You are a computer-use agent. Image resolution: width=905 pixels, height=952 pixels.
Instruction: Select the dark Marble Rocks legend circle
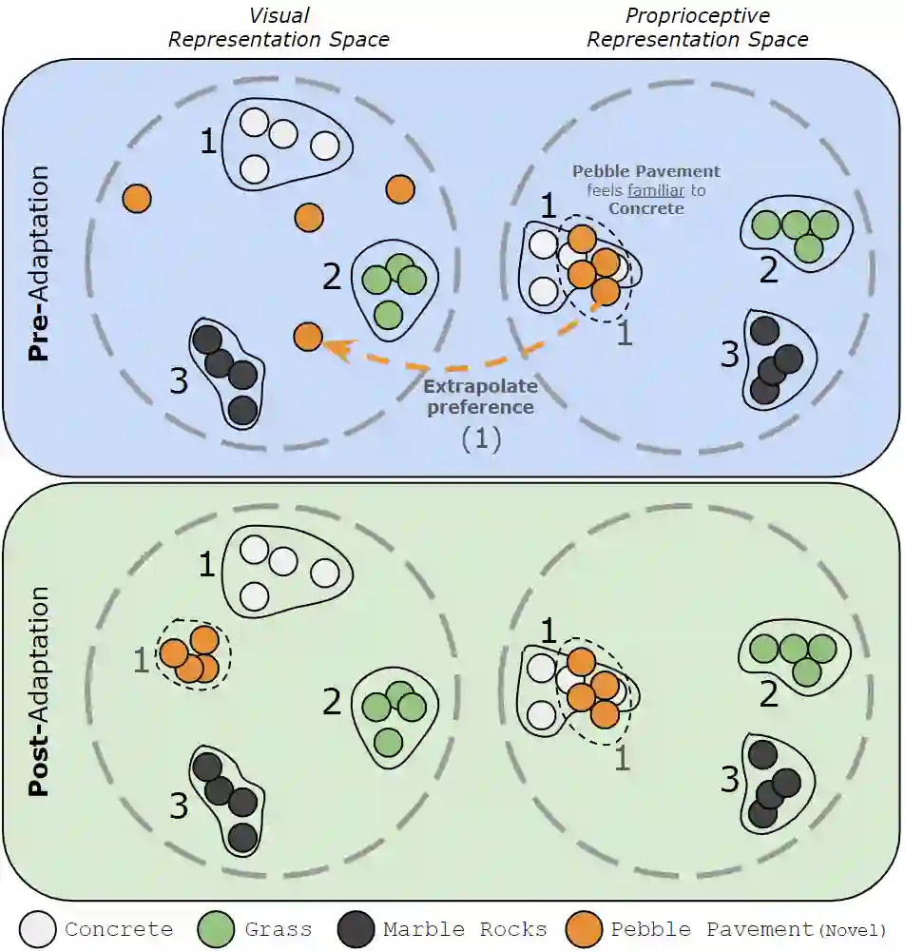357,929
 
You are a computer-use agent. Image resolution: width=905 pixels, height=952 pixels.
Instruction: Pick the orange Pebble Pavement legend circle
583,929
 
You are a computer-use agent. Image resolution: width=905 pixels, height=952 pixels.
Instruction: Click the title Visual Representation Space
279,28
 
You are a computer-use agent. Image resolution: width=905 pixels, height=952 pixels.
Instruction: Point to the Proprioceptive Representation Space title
698,28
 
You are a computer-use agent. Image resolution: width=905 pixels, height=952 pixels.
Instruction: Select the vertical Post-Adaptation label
39,691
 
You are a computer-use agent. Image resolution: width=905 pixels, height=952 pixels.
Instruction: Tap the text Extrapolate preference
480,397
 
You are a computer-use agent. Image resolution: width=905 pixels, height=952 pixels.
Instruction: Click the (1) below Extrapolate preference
480,439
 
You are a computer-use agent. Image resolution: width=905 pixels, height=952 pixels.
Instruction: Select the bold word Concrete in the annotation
645,208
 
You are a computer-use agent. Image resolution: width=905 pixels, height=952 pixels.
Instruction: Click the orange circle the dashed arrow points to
307,336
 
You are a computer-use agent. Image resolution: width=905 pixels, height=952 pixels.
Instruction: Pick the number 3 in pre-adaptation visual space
180,381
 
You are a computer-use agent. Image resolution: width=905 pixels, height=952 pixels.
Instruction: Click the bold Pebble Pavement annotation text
645,172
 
